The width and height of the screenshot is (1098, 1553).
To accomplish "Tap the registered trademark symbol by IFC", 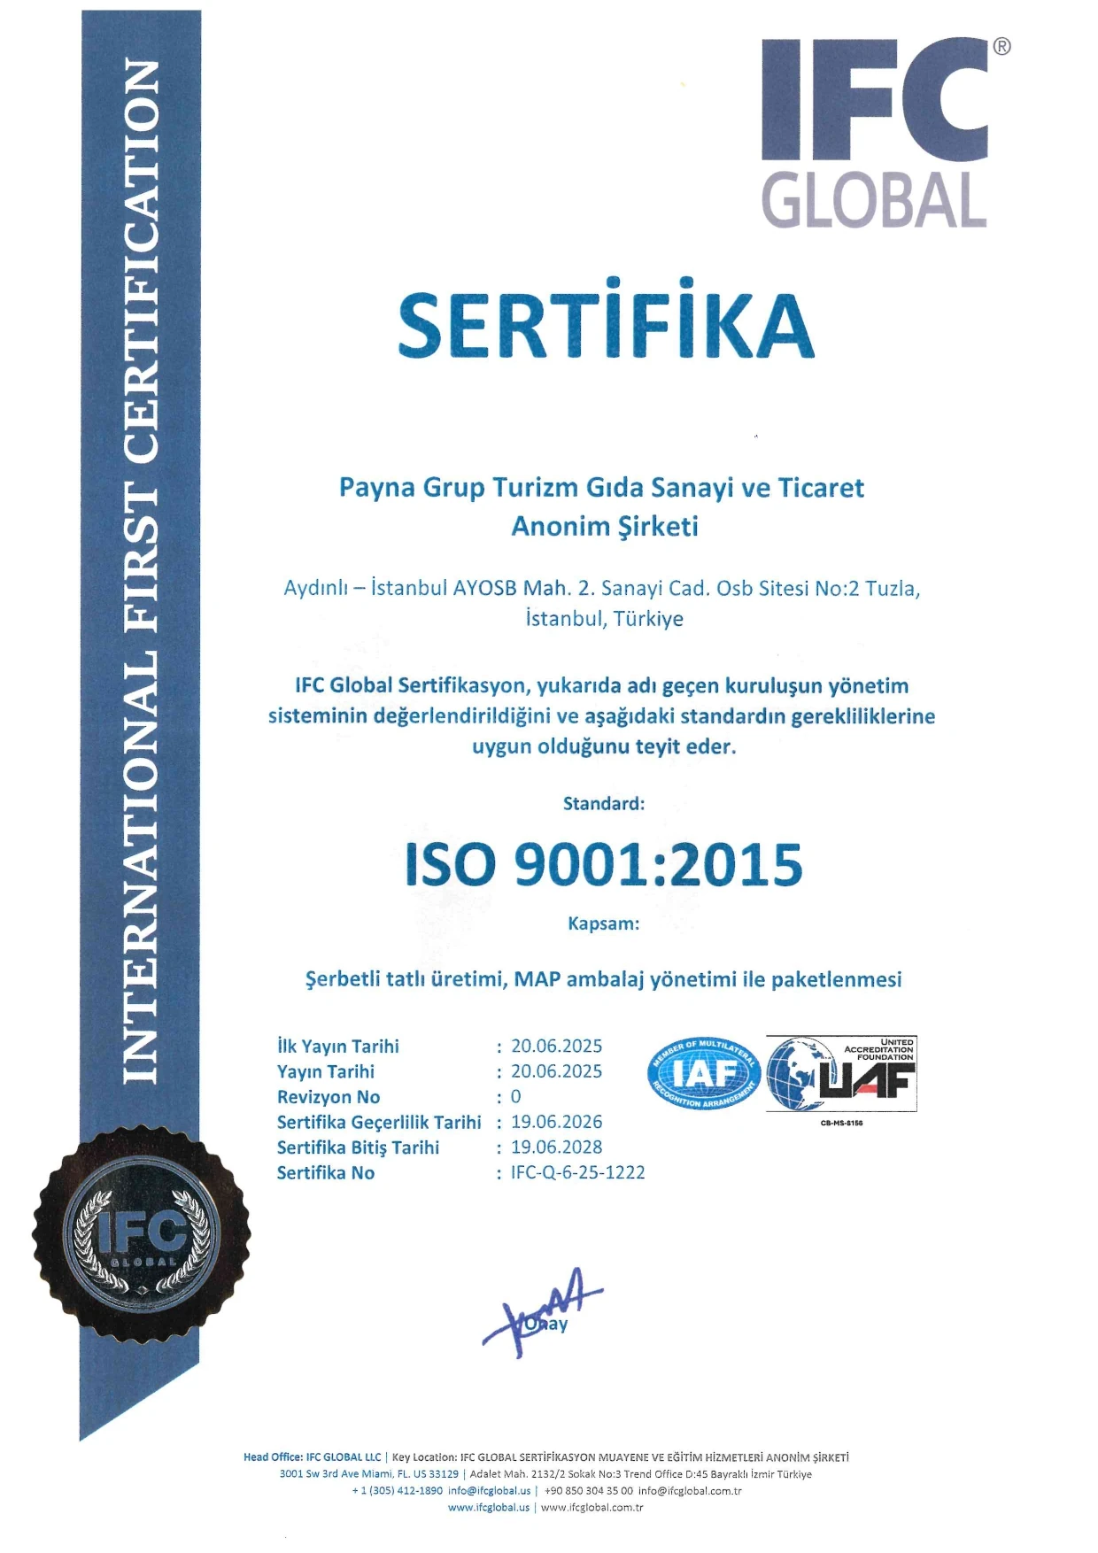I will (x=1001, y=47).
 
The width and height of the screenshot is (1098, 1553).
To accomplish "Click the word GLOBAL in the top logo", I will (x=874, y=201).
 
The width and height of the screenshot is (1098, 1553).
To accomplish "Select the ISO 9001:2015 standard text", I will (x=604, y=865).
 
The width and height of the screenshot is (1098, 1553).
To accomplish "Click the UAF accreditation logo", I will (x=841, y=1073).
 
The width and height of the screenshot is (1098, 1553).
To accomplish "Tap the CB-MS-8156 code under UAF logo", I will (x=841, y=1123).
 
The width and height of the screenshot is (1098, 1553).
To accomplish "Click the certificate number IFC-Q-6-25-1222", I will (x=578, y=1172).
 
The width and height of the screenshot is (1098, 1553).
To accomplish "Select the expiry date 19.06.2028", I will (x=556, y=1147).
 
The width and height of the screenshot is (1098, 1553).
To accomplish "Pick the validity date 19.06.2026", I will (x=556, y=1122).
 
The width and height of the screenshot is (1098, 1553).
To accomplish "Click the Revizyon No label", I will (x=329, y=1097).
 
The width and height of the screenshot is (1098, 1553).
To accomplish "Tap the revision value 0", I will (x=515, y=1097).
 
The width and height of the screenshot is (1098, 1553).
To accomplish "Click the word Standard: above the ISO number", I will (x=604, y=804).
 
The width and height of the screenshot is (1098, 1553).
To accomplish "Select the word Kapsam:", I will (x=604, y=923).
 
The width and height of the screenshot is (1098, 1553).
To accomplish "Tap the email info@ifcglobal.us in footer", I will (x=489, y=1490).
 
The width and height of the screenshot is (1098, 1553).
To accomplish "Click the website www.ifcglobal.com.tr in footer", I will (x=592, y=1507).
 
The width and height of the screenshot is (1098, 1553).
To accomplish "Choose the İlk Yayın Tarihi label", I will (x=338, y=1047).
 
